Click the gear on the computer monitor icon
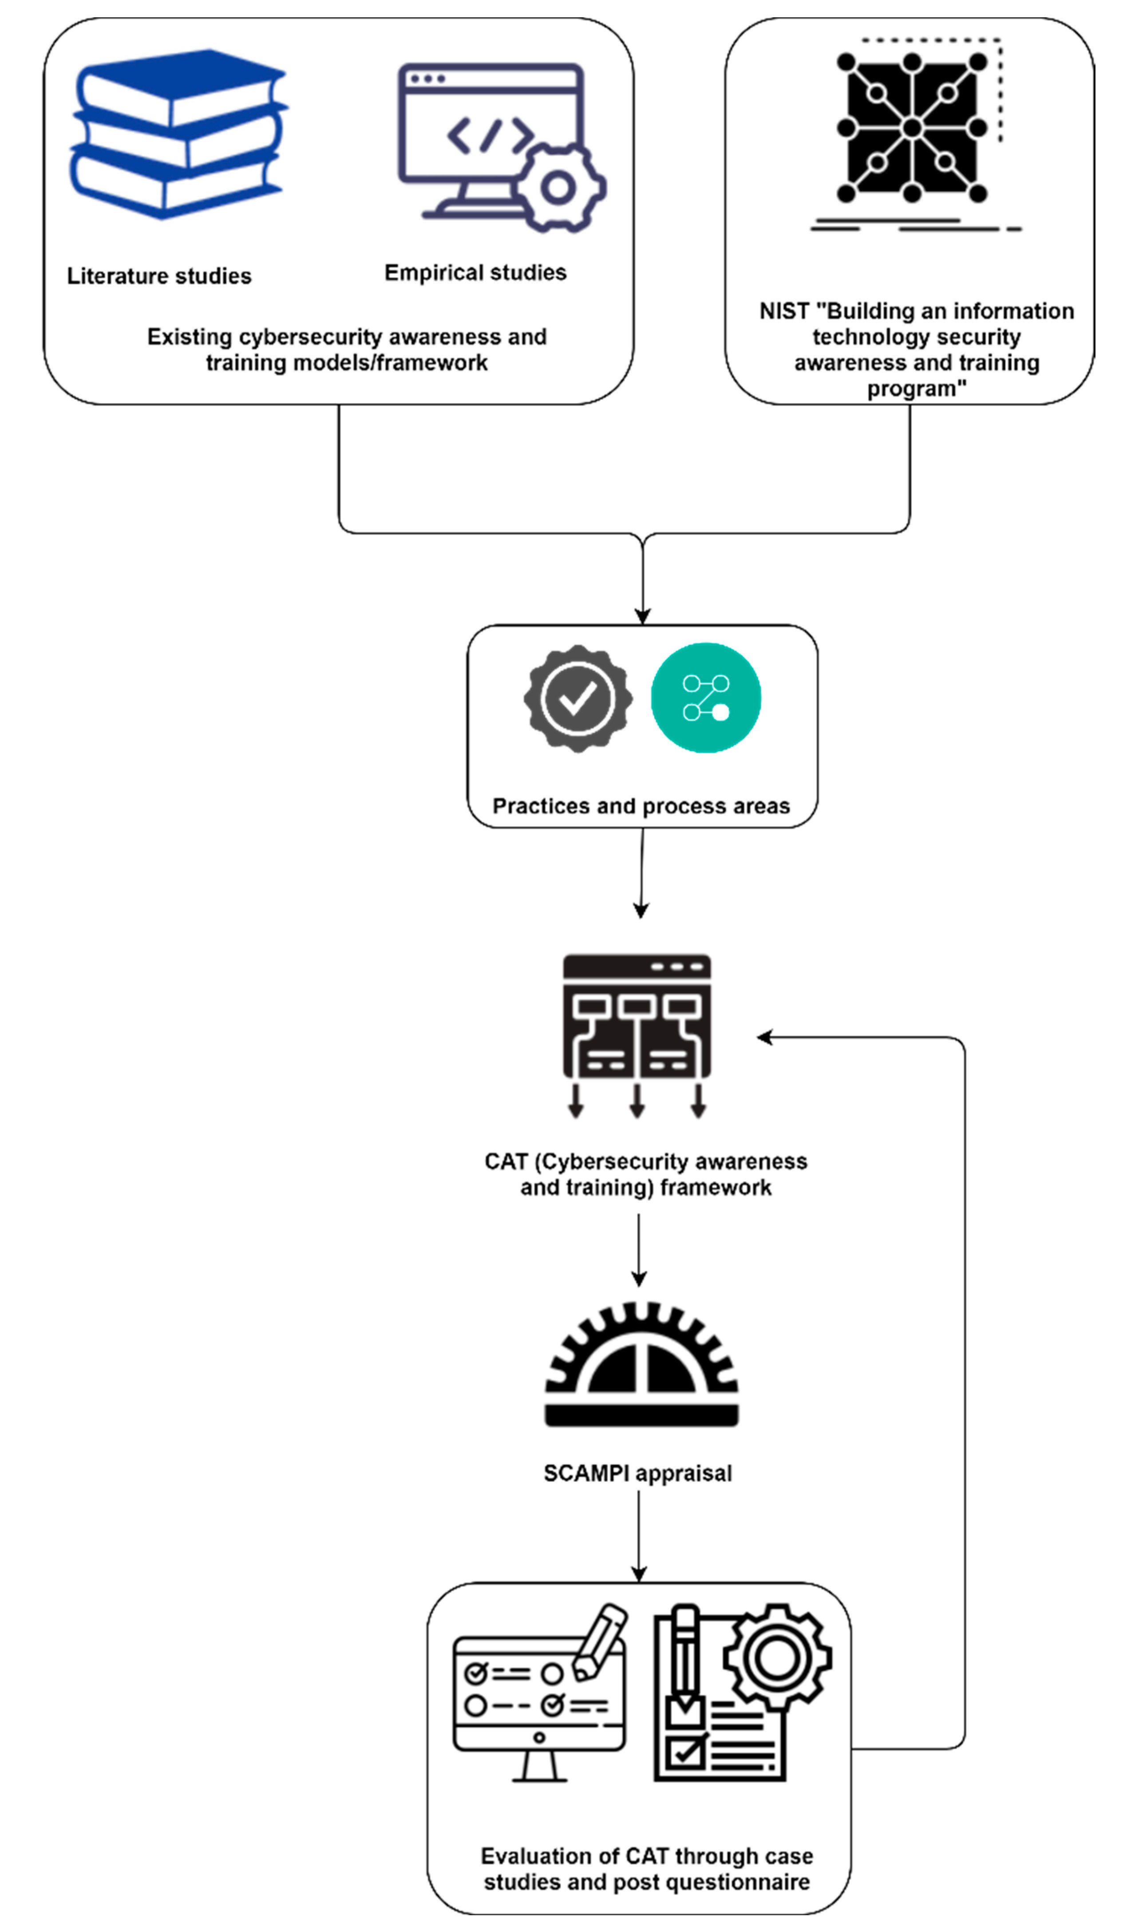(x=558, y=188)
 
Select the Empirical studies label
(x=475, y=272)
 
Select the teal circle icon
(x=705, y=697)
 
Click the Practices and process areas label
(x=641, y=806)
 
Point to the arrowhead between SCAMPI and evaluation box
(x=639, y=1573)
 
